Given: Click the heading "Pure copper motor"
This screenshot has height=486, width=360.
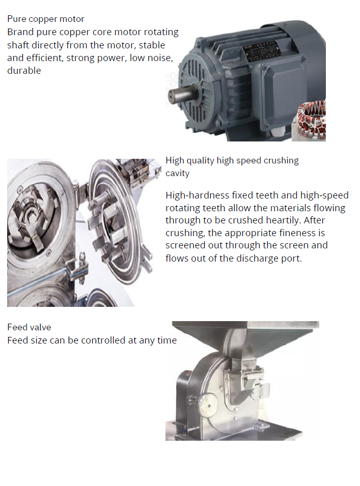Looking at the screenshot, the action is coord(46,19).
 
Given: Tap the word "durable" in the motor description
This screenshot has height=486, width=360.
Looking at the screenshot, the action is coord(24,71).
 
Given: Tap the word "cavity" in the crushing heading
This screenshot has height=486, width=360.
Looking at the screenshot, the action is coord(177,173).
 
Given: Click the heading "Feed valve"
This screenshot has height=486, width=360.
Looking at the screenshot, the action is coord(29,327).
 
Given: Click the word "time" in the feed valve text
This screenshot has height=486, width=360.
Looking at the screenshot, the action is coord(167,340).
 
